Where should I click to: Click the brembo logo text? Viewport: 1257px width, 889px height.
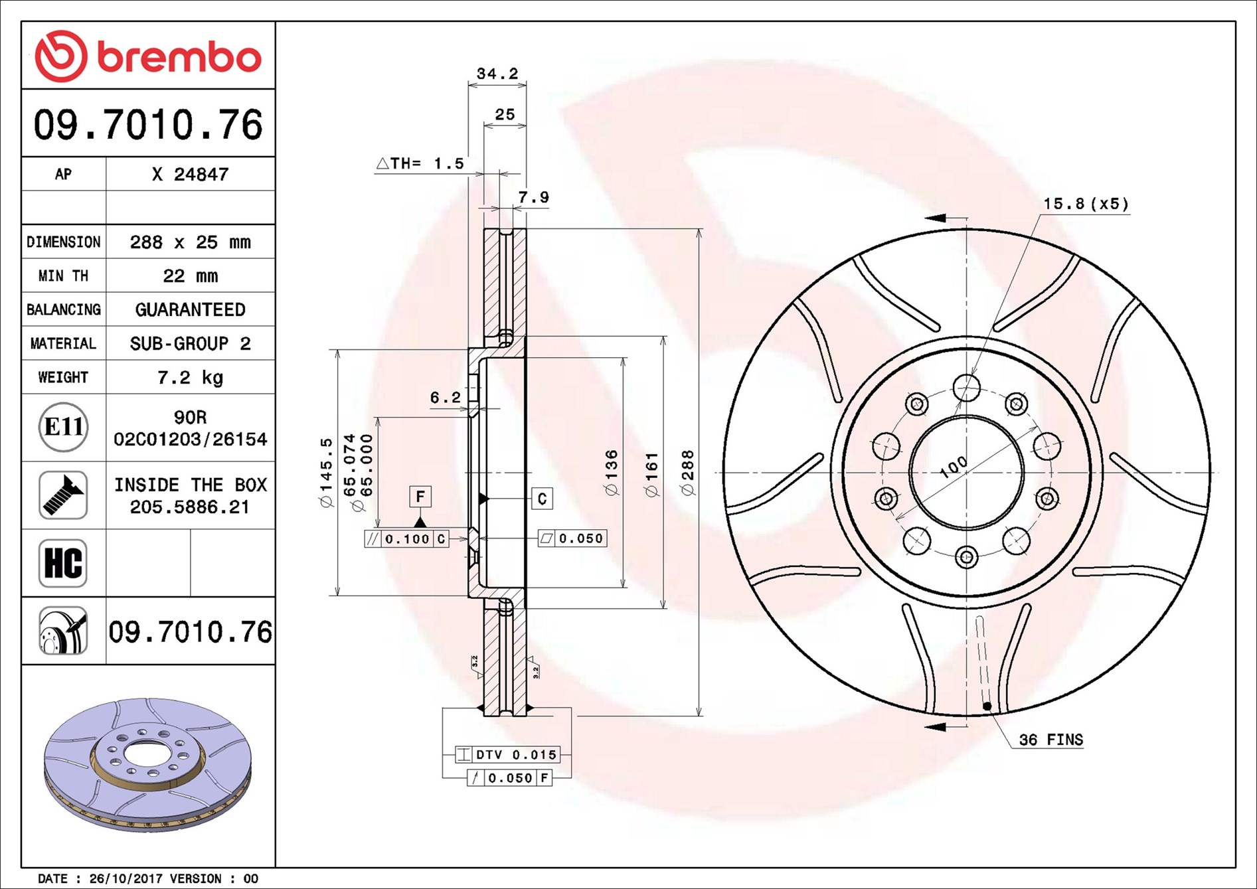click(x=178, y=58)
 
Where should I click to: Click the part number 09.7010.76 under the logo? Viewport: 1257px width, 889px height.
click(x=148, y=125)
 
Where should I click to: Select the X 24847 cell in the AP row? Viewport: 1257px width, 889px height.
click(x=190, y=174)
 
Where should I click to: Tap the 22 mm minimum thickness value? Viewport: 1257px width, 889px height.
click(x=190, y=276)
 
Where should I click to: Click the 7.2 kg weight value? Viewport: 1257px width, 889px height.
click(x=190, y=377)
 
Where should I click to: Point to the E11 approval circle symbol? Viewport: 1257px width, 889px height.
click(x=63, y=427)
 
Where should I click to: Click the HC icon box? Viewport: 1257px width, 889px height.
click(x=63, y=563)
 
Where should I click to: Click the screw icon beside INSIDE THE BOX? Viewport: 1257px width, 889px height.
click(x=63, y=495)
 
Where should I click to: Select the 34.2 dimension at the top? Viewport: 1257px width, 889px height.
click(x=497, y=74)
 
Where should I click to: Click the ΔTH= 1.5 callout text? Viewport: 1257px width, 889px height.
click(x=420, y=163)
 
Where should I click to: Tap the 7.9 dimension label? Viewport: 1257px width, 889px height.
click(x=533, y=197)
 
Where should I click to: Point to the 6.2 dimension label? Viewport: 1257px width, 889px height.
click(x=445, y=398)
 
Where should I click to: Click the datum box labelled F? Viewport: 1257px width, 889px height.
click(x=420, y=496)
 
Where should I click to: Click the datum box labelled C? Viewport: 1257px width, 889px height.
click(x=542, y=499)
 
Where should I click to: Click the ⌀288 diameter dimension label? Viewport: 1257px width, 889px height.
click(x=688, y=472)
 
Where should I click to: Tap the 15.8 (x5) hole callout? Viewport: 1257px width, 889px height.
click(x=1085, y=204)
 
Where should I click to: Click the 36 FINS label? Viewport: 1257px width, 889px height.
click(x=1050, y=740)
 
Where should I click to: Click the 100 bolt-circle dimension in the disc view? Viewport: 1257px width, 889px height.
click(x=954, y=467)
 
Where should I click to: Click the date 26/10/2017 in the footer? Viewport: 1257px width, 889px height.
click(x=125, y=878)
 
